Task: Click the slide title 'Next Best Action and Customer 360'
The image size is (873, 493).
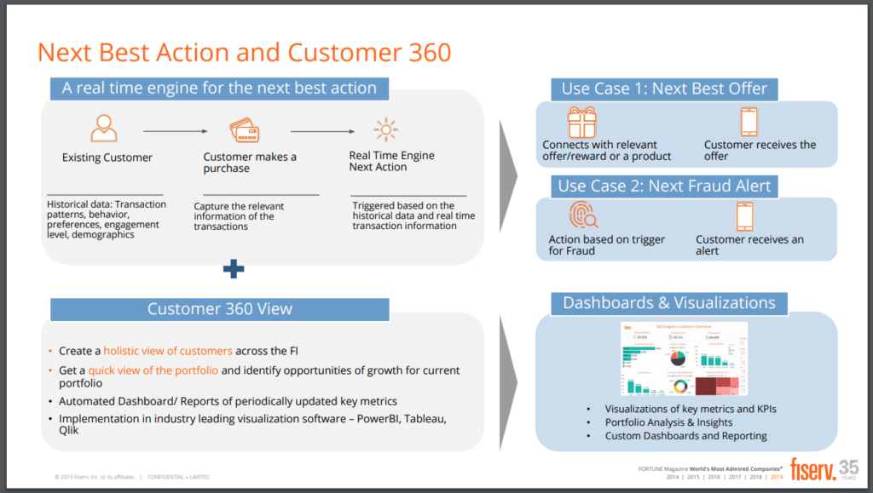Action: click(244, 52)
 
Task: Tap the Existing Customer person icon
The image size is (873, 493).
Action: click(103, 129)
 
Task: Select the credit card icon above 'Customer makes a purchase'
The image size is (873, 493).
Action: click(244, 131)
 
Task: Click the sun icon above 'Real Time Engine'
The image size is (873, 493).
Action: click(386, 129)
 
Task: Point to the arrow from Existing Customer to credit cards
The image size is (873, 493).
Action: click(175, 131)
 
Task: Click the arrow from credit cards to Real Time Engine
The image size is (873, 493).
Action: click(322, 131)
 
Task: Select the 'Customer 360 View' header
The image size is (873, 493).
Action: click(220, 308)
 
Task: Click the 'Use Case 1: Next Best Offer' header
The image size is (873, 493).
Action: click(664, 89)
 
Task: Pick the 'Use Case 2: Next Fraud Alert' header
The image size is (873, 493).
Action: click(663, 186)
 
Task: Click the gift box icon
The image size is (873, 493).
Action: click(582, 122)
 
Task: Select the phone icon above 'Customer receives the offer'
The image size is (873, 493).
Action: click(749, 122)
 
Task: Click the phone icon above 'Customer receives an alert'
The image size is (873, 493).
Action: click(744, 217)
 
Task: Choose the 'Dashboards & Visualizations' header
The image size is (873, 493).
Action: click(669, 303)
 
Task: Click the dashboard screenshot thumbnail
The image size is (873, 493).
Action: click(683, 359)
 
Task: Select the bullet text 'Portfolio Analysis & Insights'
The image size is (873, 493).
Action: click(668, 422)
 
